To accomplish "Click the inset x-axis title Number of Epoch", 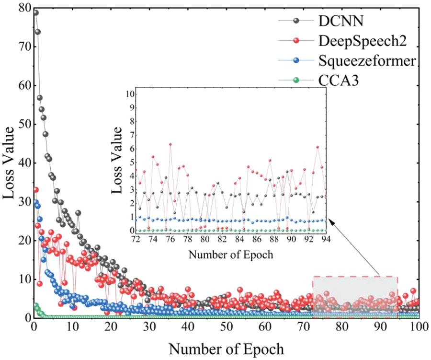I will point(231,254).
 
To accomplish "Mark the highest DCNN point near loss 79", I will point(35,12).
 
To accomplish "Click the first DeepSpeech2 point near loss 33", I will point(35,190).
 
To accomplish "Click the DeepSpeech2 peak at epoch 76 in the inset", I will point(170,144).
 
